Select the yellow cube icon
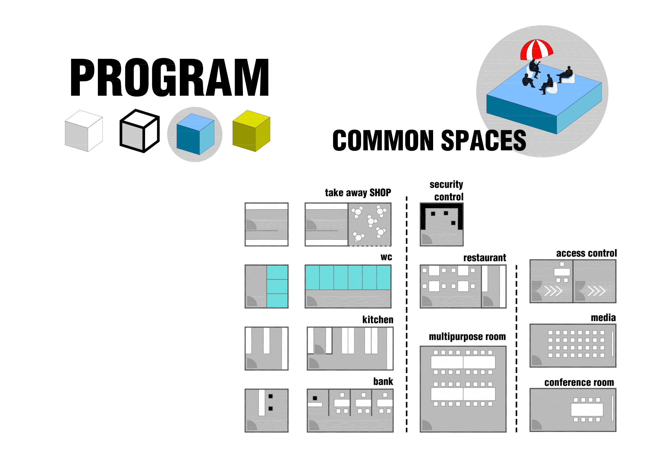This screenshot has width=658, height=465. tap(251, 131)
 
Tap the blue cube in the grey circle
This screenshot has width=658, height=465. tap(195, 134)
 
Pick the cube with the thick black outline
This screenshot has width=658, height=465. tap(139, 131)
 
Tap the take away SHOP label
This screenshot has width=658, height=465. tap(358, 193)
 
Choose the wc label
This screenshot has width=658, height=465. tap(386, 257)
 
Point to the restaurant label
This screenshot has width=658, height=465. tap(484, 258)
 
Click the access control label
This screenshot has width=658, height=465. tap(586, 253)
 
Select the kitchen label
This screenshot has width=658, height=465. tap(377, 320)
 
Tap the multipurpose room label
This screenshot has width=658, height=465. tap(467, 337)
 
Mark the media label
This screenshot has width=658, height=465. tap(603, 318)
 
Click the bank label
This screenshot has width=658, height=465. tap(383, 382)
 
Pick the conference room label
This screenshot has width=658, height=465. tap(579, 383)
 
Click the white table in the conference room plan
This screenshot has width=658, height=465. tap(587, 410)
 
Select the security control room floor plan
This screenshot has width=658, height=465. tap(441, 225)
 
